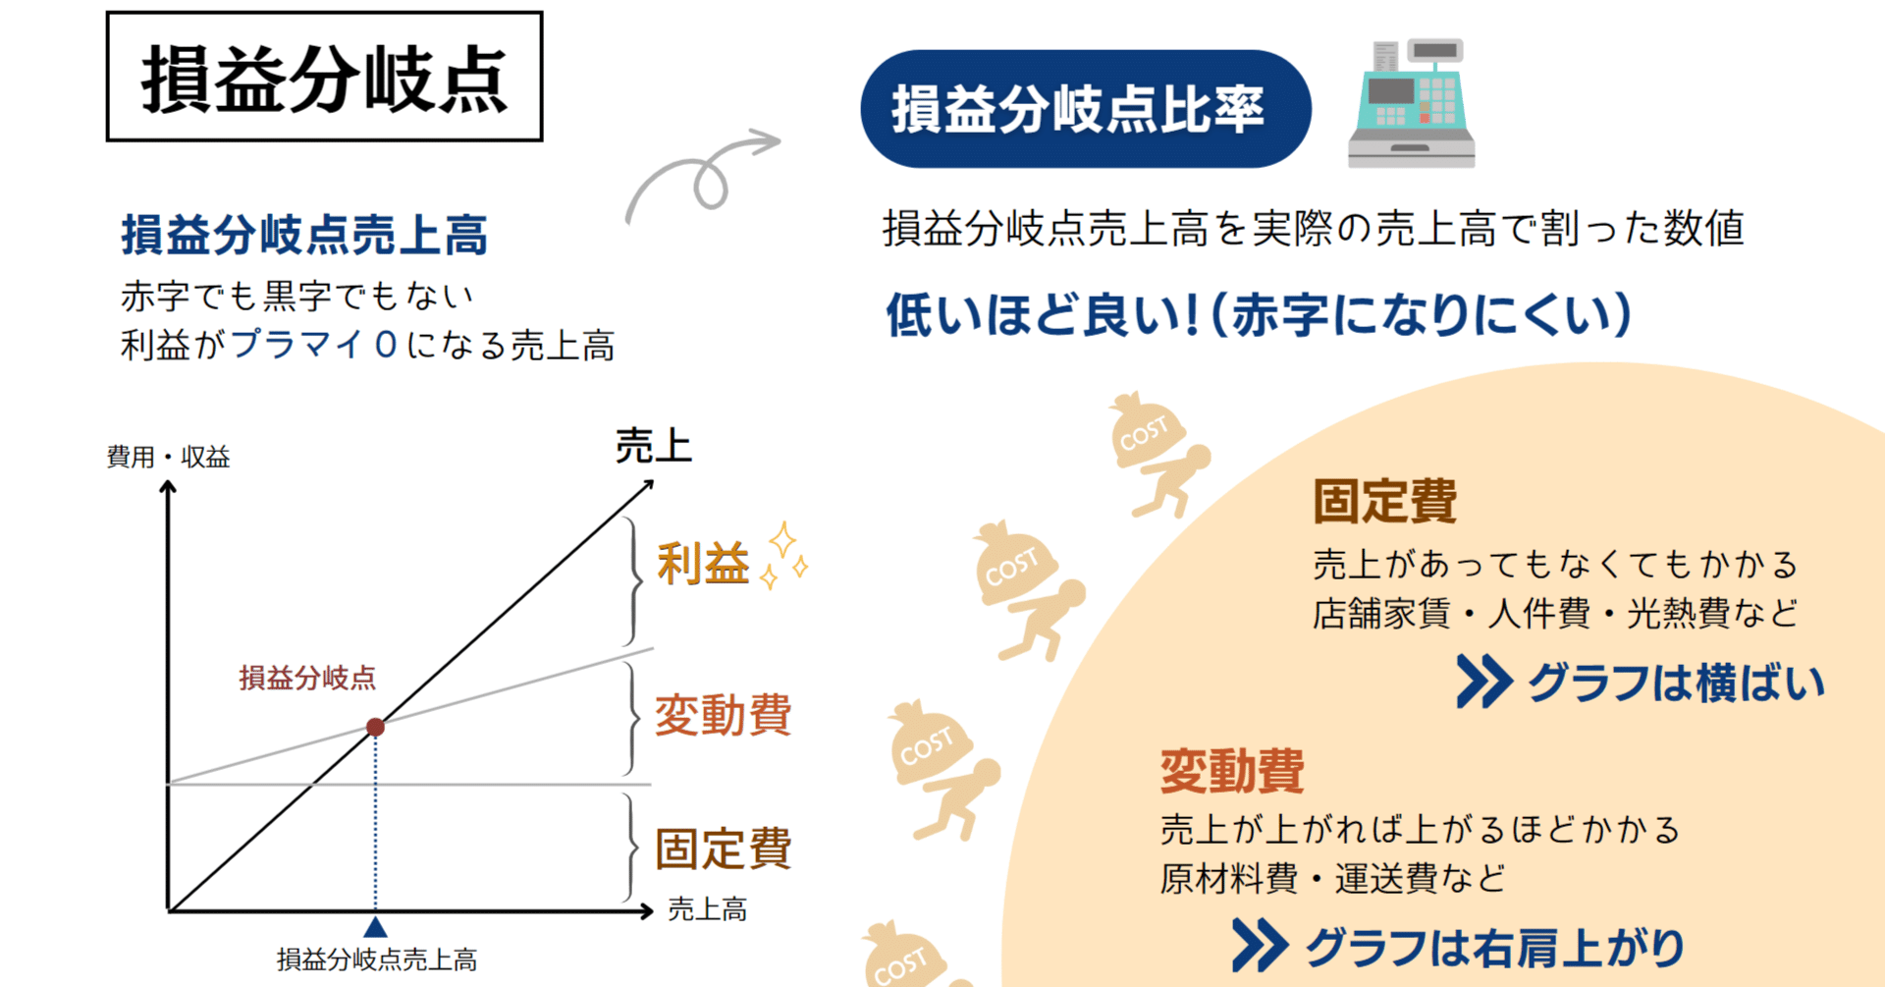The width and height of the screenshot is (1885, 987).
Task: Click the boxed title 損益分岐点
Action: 324,77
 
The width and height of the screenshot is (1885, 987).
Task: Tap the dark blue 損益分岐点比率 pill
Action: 1086,109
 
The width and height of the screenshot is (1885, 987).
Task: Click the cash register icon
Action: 1412,103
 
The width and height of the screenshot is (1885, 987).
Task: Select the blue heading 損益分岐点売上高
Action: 304,235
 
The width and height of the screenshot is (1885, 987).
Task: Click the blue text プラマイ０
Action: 314,344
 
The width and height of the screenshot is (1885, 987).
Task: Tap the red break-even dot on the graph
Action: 375,727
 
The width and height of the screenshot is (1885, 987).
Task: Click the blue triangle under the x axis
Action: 375,927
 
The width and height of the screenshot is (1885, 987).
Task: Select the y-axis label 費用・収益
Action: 168,457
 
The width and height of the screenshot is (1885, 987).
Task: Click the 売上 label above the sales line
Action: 654,447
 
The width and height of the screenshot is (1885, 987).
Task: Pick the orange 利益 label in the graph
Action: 703,564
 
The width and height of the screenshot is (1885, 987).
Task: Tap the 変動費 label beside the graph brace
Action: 723,714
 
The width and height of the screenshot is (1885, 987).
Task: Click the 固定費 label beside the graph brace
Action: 723,849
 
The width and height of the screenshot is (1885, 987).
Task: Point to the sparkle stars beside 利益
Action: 785,555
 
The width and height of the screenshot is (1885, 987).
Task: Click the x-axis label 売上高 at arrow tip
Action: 707,909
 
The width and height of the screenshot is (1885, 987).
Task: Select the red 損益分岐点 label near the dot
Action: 307,678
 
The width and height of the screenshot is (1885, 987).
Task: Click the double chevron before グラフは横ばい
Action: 1483,682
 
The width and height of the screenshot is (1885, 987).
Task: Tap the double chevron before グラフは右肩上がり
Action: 1260,946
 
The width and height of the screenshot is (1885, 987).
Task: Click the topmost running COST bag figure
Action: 1159,454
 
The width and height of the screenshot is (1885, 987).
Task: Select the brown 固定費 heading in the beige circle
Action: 1384,501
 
